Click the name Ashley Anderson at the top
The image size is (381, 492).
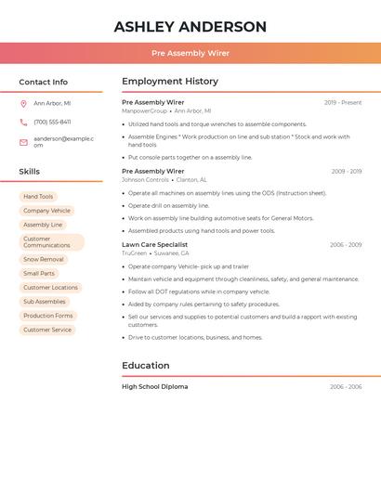pyautogui.click(x=190, y=27)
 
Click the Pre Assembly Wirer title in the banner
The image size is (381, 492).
pyautogui.click(x=190, y=53)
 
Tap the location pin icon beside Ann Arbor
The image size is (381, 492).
pyautogui.click(x=23, y=103)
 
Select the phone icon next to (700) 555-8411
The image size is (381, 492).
pyautogui.click(x=23, y=122)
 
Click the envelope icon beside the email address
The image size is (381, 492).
pyautogui.click(x=23, y=142)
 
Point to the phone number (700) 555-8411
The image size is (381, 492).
pyautogui.click(x=52, y=122)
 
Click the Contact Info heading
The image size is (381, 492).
pyautogui.click(x=43, y=82)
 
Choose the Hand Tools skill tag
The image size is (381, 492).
pyautogui.click(x=38, y=197)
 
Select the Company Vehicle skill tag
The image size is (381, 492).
pyautogui.click(x=46, y=211)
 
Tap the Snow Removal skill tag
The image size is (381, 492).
pyautogui.click(x=44, y=259)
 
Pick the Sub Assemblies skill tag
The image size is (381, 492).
pyautogui.click(x=45, y=302)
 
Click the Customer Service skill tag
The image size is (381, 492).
pyautogui.click(x=47, y=330)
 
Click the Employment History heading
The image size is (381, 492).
pyautogui.click(x=170, y=82)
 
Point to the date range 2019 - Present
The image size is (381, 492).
pyautogui.click(x=343, y=102)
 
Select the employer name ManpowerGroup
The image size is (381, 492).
pyautogui.click(x=145, y=110)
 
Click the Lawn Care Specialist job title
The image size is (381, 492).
pyautogui.click(x=154, y=244)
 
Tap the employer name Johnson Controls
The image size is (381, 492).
pyautogui.click(x=145, y=179)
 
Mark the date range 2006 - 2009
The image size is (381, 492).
pyautogui.click(x=346, y=245)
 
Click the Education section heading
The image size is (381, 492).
pyautogui.click(x=146, y=366)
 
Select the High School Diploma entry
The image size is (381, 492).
pyautogui.click(x=154, y=386)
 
